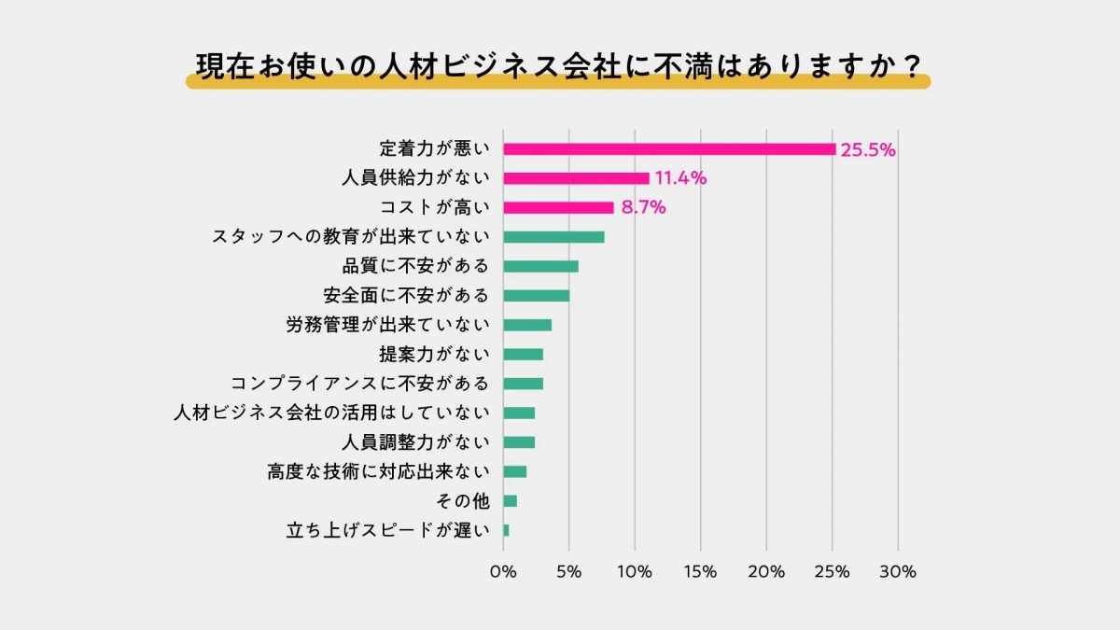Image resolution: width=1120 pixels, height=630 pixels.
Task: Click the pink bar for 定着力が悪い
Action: point(669,148)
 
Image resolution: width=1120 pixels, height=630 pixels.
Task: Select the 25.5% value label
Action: point(868,149)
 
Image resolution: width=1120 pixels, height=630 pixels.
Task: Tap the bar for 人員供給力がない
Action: point(576,178)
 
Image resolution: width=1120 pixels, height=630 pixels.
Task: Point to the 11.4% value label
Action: point(680,178)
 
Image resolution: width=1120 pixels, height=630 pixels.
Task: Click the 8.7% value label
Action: point(643,208)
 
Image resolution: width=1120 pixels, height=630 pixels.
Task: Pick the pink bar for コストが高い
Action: point(558,207)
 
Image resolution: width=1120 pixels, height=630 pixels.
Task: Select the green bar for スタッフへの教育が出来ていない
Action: point(553,237)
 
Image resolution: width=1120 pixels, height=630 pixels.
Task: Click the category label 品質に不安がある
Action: point(415,266)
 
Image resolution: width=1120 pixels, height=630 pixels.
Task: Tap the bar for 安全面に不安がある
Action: point(536,296)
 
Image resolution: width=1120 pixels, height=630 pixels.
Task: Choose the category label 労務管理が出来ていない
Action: point(387,325)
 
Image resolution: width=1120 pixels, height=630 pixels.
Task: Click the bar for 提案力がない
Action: point(523,355)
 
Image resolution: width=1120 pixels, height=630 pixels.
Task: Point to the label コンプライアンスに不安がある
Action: point(359,384)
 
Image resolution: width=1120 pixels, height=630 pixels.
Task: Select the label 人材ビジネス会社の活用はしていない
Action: point(331,413)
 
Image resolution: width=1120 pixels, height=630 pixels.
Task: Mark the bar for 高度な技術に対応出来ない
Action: point(514,471)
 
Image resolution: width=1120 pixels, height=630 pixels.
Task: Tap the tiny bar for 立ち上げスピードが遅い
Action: point(506,530)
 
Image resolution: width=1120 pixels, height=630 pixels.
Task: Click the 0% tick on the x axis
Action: point(503,572)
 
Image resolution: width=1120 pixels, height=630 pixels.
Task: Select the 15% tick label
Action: point(701,572)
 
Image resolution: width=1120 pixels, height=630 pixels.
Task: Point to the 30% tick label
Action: point(898,572)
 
